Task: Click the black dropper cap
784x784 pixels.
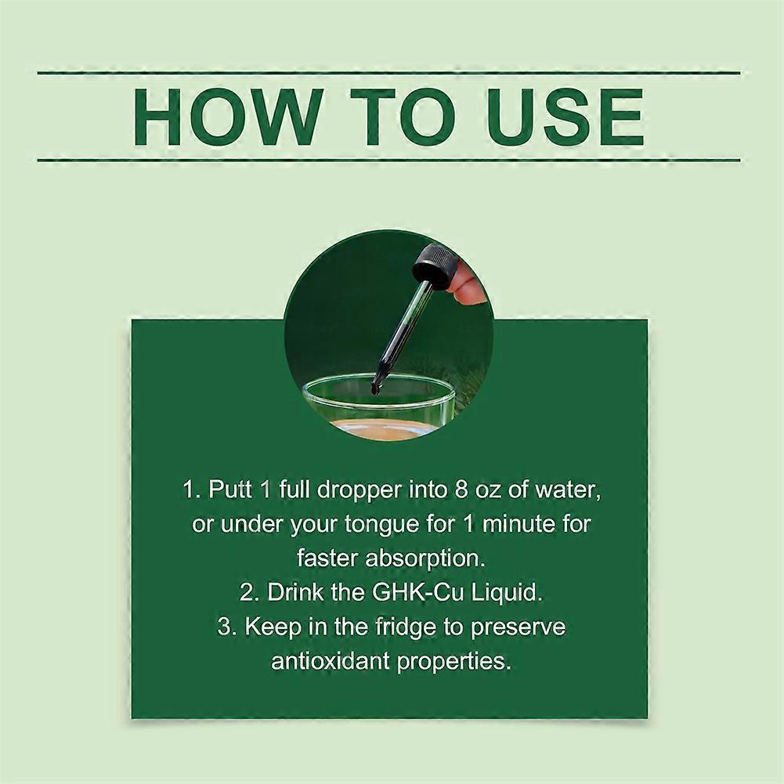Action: coord(433,266)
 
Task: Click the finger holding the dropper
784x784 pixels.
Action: coord(471,284)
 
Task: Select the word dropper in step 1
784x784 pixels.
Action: coord(359,490)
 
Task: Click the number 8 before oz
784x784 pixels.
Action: coord(461,490)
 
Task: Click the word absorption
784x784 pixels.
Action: coord(425,558)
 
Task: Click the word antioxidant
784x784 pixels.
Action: coord(331,661)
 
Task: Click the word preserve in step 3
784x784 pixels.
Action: coord(518,628)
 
